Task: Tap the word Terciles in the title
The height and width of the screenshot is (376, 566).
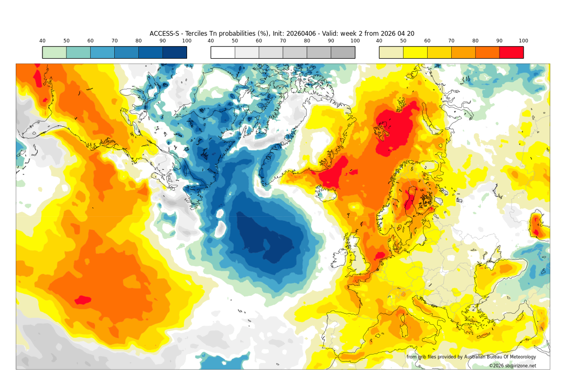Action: [x=194, y=34]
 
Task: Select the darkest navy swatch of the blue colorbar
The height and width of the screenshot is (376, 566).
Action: [x=175, y=52]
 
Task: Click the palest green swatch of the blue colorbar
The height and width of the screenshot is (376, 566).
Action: [x=55, y=52]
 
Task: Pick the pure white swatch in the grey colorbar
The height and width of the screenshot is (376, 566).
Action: [x=223, y=52]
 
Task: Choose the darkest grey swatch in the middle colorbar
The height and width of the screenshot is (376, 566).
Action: [x=343, y=52]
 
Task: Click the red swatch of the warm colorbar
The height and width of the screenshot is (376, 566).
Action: [x=511, y=52]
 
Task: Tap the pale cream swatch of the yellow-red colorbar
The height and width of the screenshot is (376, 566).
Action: [x=391, y=52]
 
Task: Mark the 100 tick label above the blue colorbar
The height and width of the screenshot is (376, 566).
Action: [x=187, y=41]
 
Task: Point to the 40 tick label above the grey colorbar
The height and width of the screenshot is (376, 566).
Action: [x=211, y=41]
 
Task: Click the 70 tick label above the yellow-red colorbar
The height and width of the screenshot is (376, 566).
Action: [x=451, y=41]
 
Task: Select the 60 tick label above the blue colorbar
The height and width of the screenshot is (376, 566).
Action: [x=90, y=41]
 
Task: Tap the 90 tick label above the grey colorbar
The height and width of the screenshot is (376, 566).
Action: [x=331, y=41]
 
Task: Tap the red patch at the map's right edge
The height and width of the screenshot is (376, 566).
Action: [x=536, y=225]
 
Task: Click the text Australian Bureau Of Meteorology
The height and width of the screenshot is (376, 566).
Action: [x=498, y=357]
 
